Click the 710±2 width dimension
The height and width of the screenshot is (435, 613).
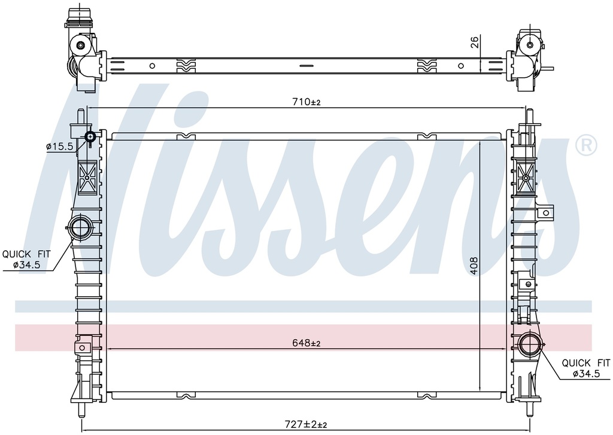306,102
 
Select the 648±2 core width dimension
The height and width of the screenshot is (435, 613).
306,343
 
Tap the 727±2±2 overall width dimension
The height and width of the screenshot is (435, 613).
306,424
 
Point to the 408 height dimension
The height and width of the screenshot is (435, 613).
474,266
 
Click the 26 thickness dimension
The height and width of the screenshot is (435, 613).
475,42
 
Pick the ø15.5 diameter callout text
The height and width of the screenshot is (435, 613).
59,147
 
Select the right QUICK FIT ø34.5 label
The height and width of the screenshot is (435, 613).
586,368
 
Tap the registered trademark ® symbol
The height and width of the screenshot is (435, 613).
586,145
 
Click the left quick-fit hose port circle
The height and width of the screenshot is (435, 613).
81,227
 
